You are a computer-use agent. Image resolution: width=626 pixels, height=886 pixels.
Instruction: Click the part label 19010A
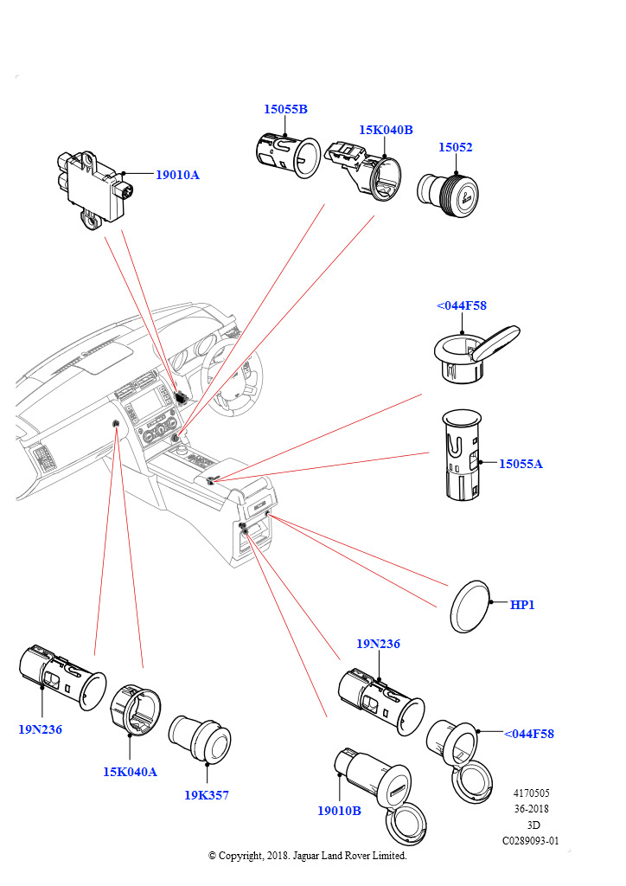(x=177, y=175)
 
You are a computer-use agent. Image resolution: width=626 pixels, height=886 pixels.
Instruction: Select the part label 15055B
(x=285, y=109)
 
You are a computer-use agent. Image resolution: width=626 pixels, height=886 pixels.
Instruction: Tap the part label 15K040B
(x=386, y=130)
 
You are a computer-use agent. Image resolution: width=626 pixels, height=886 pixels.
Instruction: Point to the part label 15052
(x=455, y=147)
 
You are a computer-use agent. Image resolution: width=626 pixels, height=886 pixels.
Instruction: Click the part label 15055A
(x=521, y=464)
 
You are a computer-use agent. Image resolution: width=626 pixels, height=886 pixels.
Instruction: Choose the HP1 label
(x=522, y=605)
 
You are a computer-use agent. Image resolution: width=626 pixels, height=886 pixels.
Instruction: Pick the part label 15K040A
(x=130, y=772)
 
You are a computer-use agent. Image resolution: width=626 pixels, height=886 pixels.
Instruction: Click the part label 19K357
(x=207, y=795)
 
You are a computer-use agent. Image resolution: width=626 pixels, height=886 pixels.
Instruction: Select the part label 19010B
(x=339, y=811)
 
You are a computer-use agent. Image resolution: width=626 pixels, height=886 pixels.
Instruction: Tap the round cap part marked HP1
(x=470, y=605)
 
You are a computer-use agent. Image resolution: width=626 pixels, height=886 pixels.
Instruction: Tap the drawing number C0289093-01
(x=531, y=840)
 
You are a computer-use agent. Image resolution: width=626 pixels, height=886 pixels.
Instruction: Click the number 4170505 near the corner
(x=531, y=793)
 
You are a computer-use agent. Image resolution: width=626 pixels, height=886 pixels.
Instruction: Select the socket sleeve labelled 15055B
(x=288, y=157)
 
